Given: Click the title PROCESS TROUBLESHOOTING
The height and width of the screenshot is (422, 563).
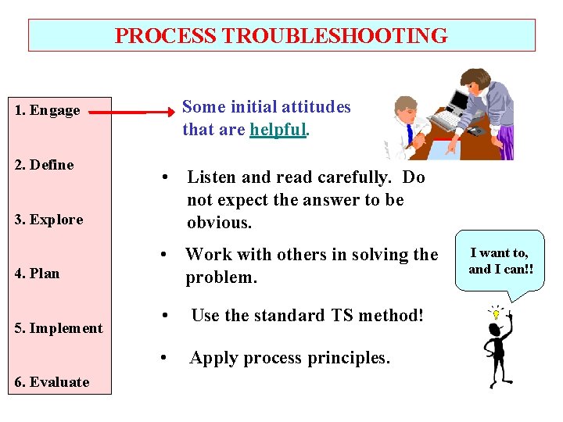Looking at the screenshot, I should point(281,36).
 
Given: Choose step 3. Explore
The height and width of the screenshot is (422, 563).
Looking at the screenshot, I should point(48,220).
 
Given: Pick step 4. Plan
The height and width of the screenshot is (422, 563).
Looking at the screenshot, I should point(37,274).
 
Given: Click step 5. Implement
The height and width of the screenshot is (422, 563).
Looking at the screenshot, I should point(58,328).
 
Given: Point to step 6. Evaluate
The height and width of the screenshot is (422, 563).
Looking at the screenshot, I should point(52,382).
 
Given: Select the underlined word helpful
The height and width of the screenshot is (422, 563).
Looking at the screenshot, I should point(278,130).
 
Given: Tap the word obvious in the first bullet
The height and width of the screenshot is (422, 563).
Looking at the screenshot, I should point(219,223).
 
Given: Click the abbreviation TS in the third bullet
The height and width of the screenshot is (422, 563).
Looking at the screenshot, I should point(315,316).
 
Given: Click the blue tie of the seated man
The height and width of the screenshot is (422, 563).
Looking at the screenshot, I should point(410,134).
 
